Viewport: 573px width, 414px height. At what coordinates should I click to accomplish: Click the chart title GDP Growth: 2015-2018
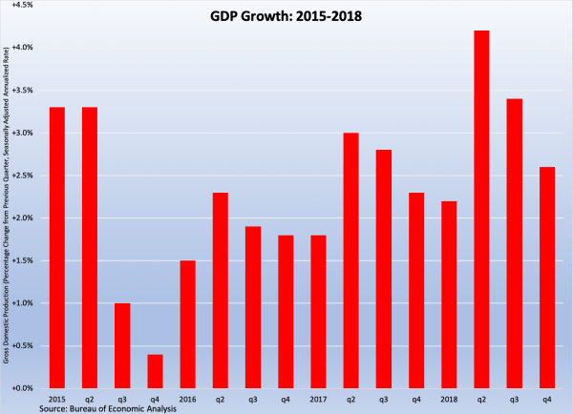pos(286,17)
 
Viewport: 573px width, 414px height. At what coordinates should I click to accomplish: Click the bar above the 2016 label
pos(187,324)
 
